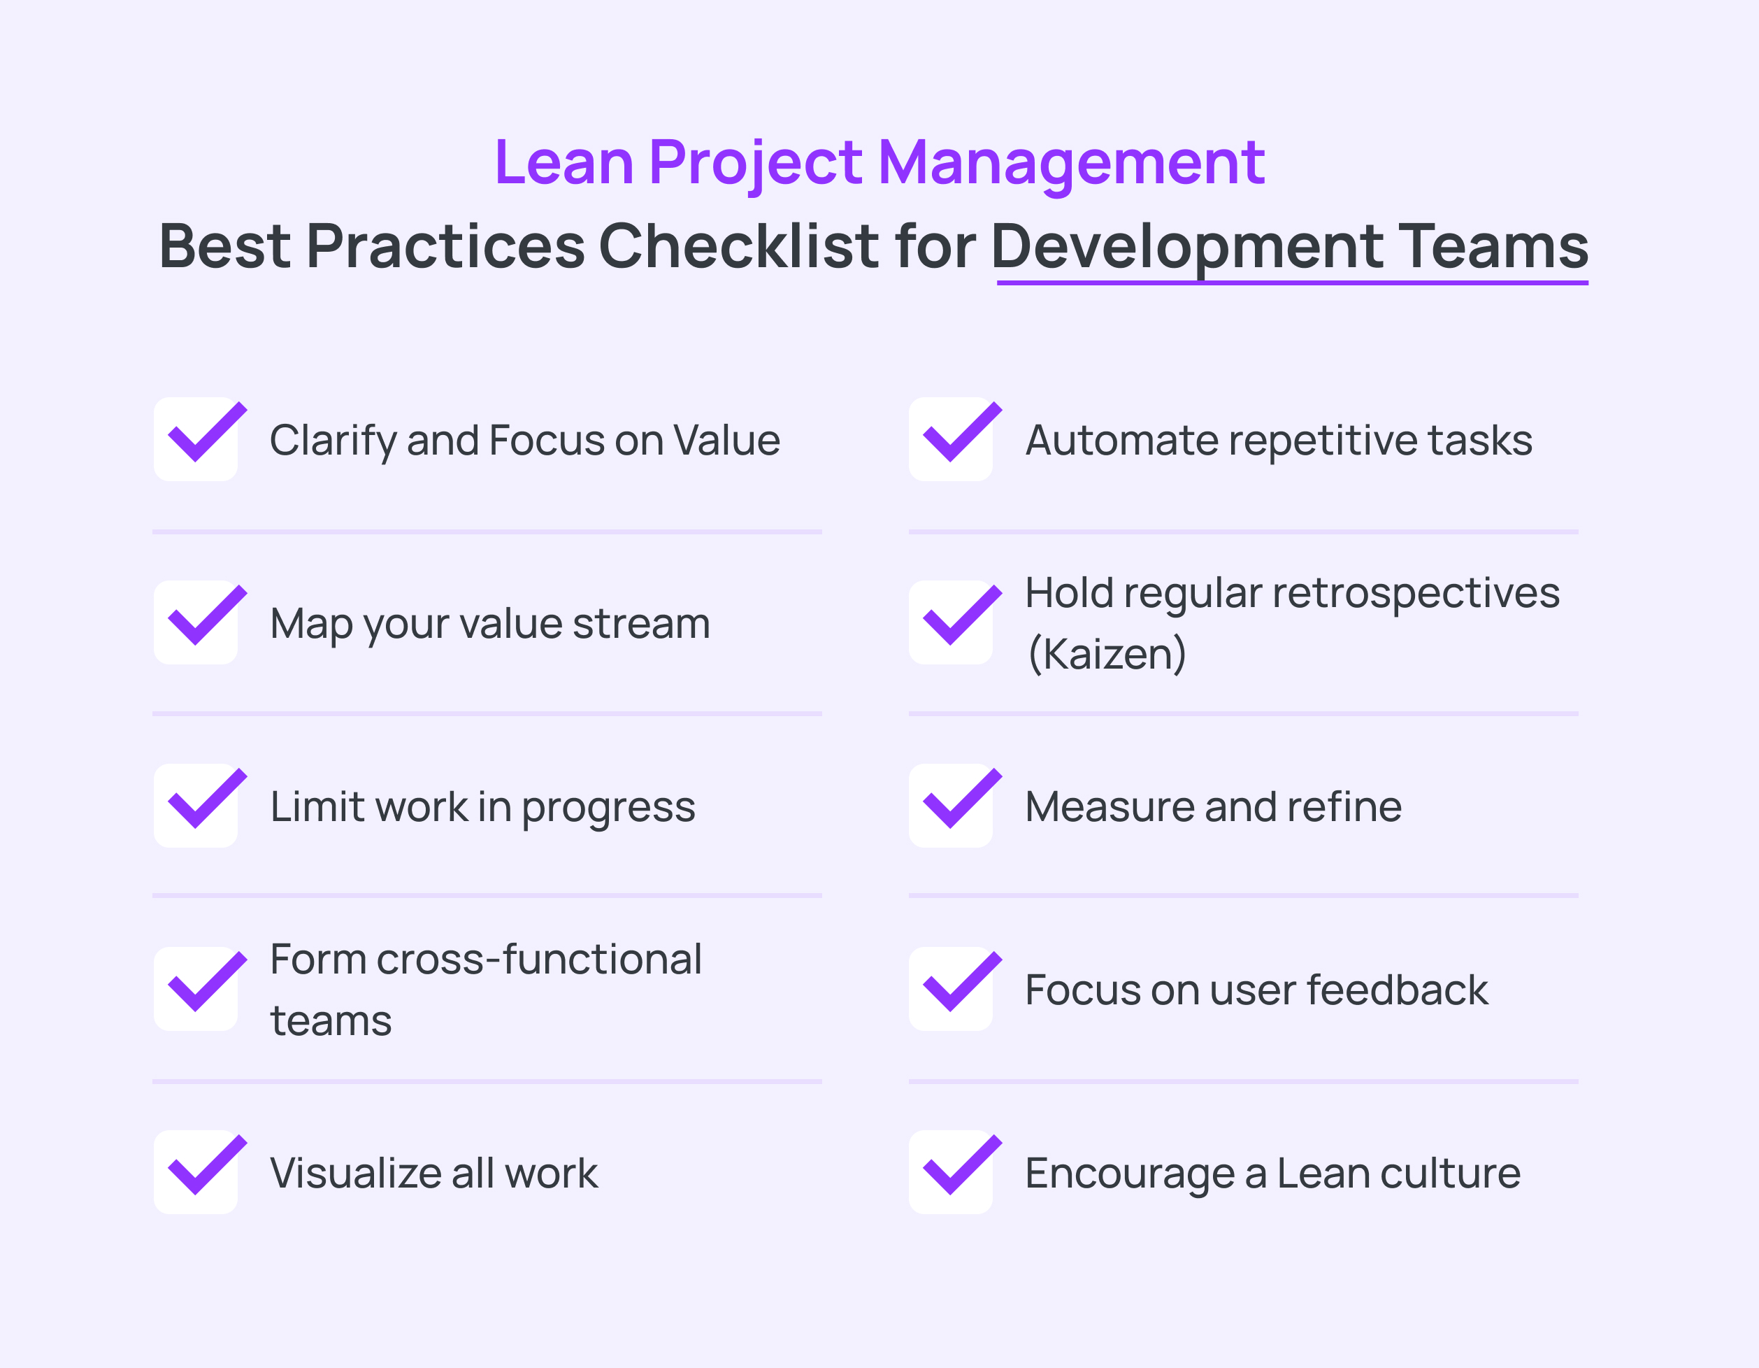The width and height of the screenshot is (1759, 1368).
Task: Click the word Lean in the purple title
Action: pyautogui.click(x=563, y=163)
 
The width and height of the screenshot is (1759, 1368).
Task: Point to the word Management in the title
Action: pyautogui.click(x=1071, y=163)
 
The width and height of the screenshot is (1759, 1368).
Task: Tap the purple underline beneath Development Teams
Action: pyautogui.click(x=1292, y=283)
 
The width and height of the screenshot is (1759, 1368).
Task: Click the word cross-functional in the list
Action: pyautogui.click(x=539, y=960)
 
